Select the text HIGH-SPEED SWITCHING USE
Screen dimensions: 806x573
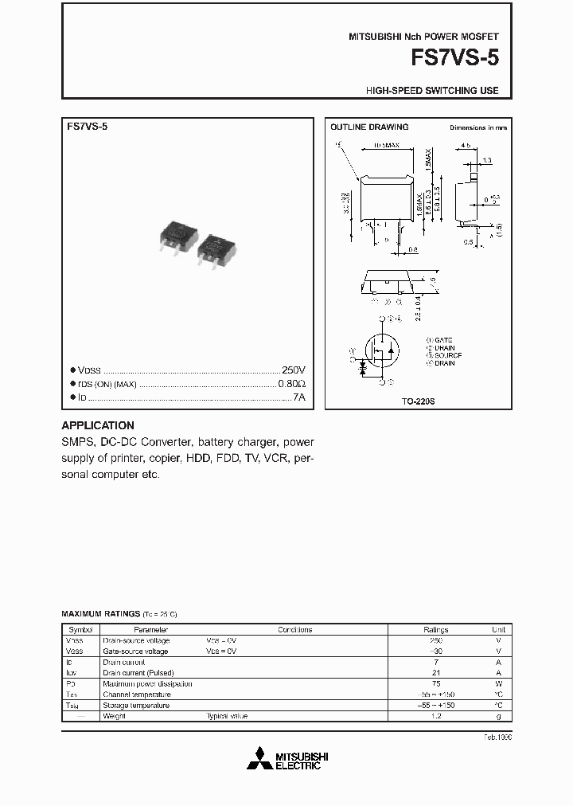click(432, 91)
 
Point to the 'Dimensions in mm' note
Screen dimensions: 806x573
click(477, 127)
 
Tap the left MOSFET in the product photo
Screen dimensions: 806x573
click(178, 237)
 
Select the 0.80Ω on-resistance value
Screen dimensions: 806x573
click(291, 384)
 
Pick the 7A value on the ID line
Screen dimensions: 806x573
click(298, 397)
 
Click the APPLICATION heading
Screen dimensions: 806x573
click(98, 425)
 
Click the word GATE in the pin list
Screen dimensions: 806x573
click(443, 340)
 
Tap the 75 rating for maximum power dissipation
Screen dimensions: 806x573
click(435, 683)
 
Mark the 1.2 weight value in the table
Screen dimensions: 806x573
click(435, 716)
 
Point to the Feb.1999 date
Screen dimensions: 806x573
click(497, 738)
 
